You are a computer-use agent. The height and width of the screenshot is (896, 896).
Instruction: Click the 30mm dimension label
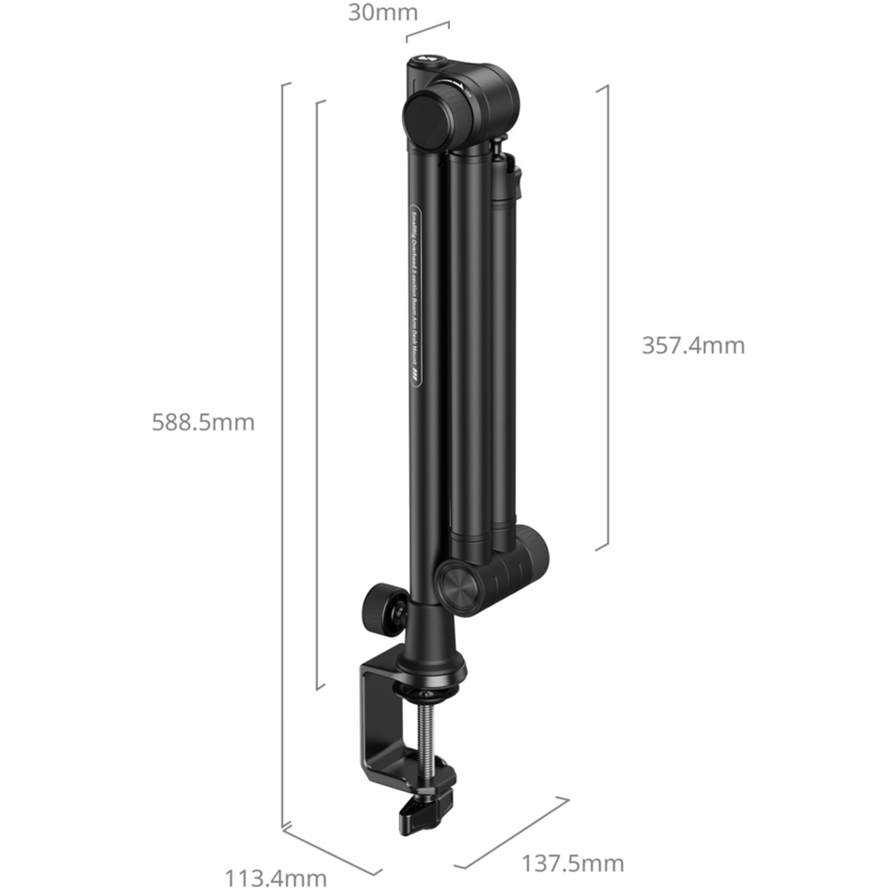[x=383, y=13]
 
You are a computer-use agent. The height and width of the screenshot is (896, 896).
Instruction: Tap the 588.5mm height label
[x=203, y=422]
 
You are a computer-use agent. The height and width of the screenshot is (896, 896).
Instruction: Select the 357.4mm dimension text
[x=693, y=346]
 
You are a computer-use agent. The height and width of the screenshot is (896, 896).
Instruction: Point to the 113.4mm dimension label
[x=275, y=879]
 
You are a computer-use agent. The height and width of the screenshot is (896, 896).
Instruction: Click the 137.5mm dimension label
[x=573, y=863]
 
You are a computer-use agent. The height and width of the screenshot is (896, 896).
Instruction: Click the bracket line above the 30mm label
[x=428, y=31]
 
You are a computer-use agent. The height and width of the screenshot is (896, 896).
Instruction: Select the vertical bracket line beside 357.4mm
[x=607, y=317]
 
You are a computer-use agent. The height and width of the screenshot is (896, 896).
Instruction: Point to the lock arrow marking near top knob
[x=457, y=85]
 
